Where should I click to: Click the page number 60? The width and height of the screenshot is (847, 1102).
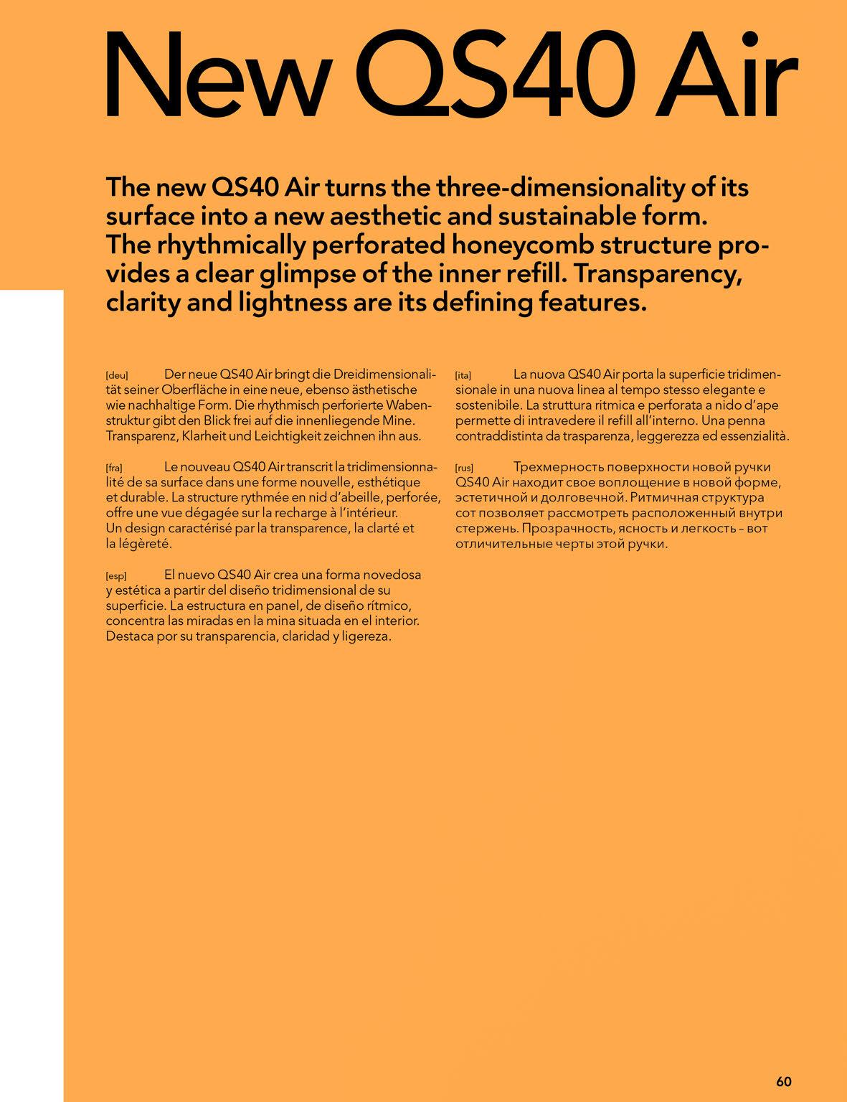point(783,1061)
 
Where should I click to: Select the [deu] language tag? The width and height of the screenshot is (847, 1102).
point(116,375)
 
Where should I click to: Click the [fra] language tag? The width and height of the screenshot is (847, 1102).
point(114,468)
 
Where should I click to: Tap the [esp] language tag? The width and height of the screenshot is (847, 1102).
point(116,576)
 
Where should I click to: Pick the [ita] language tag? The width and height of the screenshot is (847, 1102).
point(463,375)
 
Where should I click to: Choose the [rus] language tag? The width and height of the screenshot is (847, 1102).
point(464,468)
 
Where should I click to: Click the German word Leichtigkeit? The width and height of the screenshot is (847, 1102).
point(288,435)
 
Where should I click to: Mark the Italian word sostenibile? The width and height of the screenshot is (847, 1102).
point(488,405)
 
